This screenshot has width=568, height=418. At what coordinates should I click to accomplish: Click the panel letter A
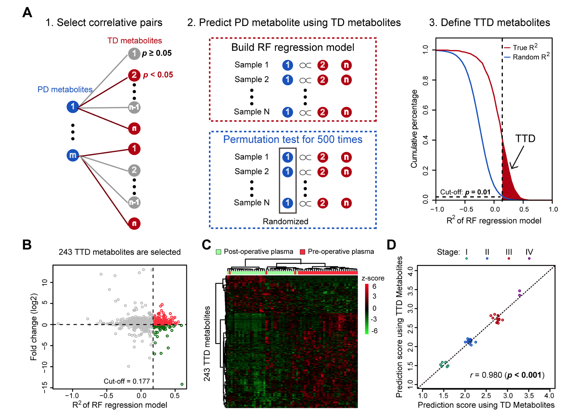[x=27, y=13]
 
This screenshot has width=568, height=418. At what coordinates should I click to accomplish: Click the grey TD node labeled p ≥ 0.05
[x=134, y=54]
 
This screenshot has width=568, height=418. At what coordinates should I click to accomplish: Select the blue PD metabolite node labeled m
[x=73, y=155]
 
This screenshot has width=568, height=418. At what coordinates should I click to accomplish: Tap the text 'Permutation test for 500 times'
[x=293, y=140]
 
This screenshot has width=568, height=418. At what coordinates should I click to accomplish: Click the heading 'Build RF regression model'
[x=293, y=47]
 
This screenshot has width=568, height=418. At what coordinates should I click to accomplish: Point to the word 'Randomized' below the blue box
[x=285, y=222]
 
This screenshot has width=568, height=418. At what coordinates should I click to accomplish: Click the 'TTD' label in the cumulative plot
[x=525, y=139]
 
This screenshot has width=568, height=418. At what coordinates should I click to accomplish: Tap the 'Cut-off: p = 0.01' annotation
[x=465, y=192]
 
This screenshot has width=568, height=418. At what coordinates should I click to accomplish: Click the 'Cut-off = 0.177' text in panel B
[x=127, y=381]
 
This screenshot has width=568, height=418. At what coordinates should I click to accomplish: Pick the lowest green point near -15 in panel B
[x=182, y=384]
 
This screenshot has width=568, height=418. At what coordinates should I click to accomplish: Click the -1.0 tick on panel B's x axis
[x=72, y=396]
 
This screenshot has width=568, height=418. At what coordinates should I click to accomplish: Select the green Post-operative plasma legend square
[x=219, y=252]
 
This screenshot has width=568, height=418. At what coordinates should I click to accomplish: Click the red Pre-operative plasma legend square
[x=302, y=252]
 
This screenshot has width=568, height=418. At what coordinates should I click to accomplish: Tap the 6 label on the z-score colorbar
[x=374, y=287]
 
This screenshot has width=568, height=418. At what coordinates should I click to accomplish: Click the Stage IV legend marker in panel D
[x=529, y=259]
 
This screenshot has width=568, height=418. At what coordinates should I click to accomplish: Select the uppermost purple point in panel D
[x=519, y=291]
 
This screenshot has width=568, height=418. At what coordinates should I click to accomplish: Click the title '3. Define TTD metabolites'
[x=489, y=23]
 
